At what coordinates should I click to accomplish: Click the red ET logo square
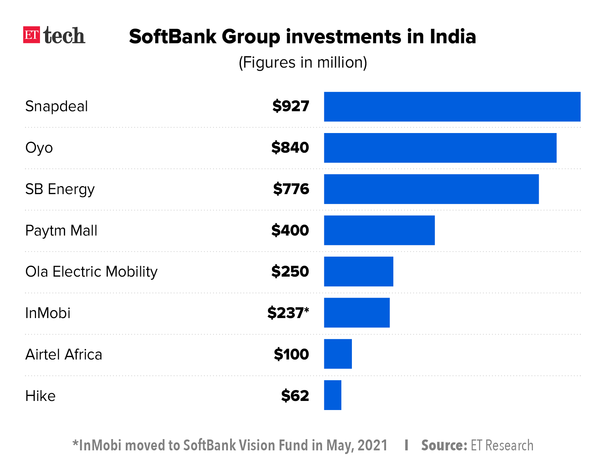[32, 35]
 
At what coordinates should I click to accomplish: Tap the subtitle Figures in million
[303, 63]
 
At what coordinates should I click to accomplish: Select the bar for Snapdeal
[452, 107]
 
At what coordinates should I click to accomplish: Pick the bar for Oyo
[440, 148]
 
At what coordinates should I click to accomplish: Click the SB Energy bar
[431, 189]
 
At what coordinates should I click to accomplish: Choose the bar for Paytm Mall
[379, 230]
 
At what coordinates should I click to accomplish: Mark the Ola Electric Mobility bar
[358, 272]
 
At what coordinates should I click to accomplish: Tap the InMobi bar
[357, 313]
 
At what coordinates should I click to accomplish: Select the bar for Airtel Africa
[338, 354]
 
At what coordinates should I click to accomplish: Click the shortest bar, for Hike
[333, 395]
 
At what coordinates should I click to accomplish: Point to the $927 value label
[290, 106]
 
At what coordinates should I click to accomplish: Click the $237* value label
[288, 313]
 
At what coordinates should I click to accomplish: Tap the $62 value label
[295, 395]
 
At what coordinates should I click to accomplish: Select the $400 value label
[290, 230]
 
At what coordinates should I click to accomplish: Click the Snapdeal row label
[56, 106]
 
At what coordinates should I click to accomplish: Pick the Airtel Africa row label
[64, 354]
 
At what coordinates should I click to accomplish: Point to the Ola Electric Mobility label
[91, 272]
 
